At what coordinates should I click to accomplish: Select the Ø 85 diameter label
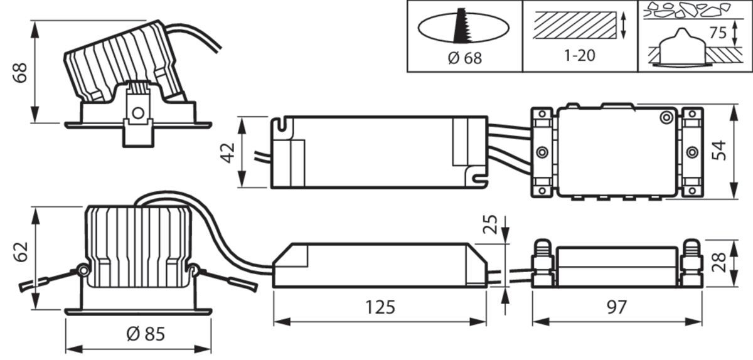(145, 334)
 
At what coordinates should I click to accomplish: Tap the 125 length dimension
(380, 307)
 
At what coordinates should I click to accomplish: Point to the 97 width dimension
(617, 307)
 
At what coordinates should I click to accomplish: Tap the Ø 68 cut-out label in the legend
(464, 58)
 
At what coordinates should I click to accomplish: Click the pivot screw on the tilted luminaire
(138, 113)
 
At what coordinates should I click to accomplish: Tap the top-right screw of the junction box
(664, 117)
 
